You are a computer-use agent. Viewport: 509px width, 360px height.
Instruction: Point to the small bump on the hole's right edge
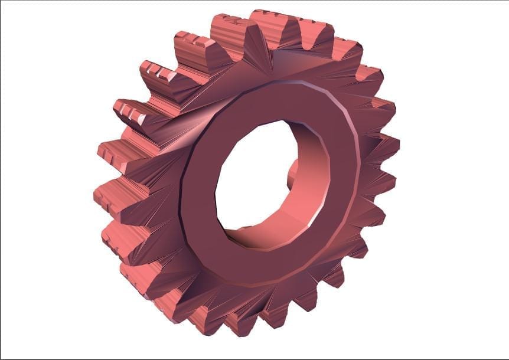(x=293, y=172)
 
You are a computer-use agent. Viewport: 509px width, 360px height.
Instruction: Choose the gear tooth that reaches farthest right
(x=387, y=145)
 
